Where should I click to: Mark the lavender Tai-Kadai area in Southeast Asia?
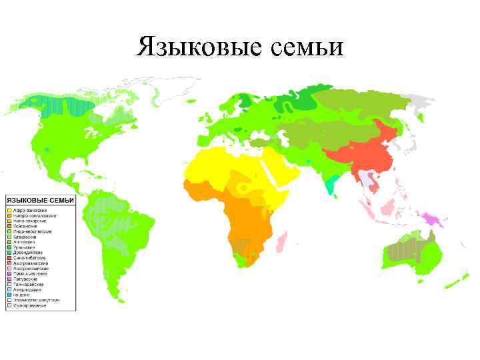pos(365,177)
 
